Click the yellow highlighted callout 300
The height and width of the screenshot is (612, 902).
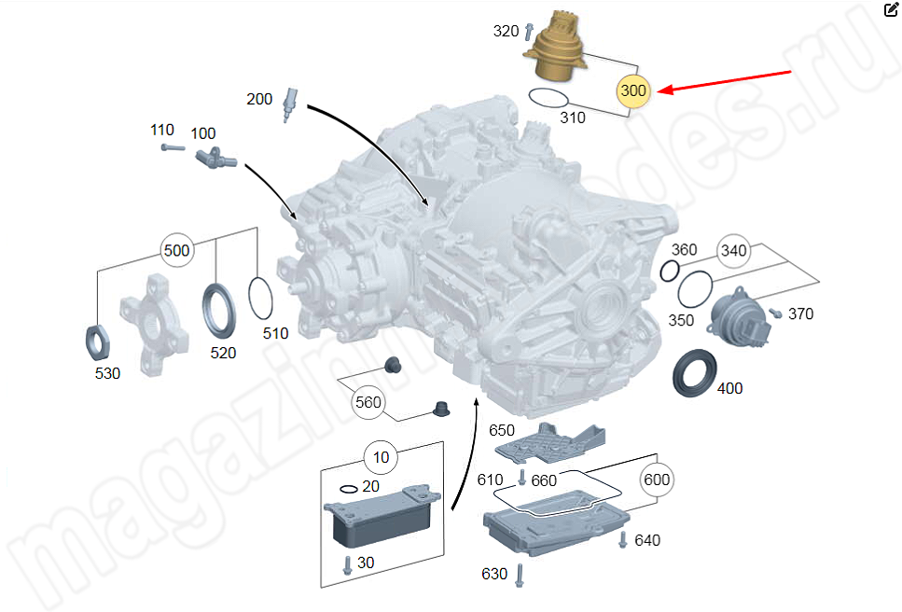633,90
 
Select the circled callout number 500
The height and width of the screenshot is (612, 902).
176,250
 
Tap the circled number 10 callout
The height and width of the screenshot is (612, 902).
381,457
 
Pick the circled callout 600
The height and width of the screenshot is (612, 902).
657,480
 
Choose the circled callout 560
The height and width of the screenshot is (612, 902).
368,403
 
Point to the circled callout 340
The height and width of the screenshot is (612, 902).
732,250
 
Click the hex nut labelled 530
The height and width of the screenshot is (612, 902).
98,337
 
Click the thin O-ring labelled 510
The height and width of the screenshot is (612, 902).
262,298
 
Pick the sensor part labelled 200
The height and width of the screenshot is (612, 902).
290,102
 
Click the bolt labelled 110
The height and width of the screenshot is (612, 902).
169,146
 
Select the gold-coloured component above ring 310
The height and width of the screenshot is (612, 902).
558,48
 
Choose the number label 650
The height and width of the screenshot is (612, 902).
502,430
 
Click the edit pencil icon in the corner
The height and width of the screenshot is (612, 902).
891,10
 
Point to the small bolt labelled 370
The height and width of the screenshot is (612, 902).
775,313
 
